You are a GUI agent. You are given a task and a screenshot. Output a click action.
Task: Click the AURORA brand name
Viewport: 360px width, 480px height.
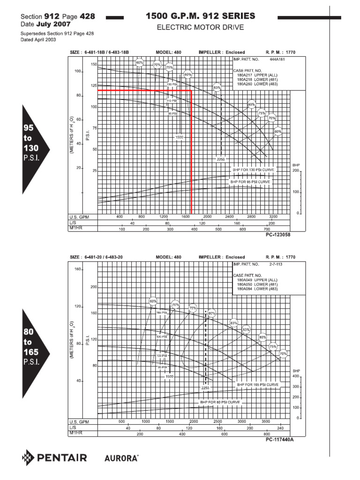tap(121, 457)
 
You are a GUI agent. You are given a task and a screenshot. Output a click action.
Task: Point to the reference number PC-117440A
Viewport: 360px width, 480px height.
tap(280, 439)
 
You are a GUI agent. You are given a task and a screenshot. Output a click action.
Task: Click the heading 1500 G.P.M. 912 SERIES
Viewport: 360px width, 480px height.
tap(201, 16)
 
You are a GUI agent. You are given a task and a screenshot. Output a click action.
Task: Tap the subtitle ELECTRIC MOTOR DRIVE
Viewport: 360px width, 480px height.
tap(200, 28)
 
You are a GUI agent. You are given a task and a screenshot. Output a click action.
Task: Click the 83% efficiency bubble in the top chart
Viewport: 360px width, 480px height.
tap(217, 88)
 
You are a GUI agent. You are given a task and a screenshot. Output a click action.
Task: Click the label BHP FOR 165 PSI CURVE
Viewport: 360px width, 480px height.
tap(257, 384)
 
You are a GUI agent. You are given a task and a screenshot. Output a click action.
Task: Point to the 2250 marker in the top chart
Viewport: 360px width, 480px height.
tap(221, 159)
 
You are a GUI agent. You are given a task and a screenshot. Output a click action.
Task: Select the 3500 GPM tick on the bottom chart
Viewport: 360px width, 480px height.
tap(265, 422)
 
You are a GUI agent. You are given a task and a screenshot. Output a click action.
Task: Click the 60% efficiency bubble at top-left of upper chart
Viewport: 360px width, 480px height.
tap(139, 62)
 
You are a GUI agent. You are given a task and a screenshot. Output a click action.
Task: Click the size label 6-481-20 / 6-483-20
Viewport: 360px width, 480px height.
tap(104, 257)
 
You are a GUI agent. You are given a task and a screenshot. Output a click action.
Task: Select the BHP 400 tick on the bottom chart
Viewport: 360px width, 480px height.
tap(295, 376)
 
